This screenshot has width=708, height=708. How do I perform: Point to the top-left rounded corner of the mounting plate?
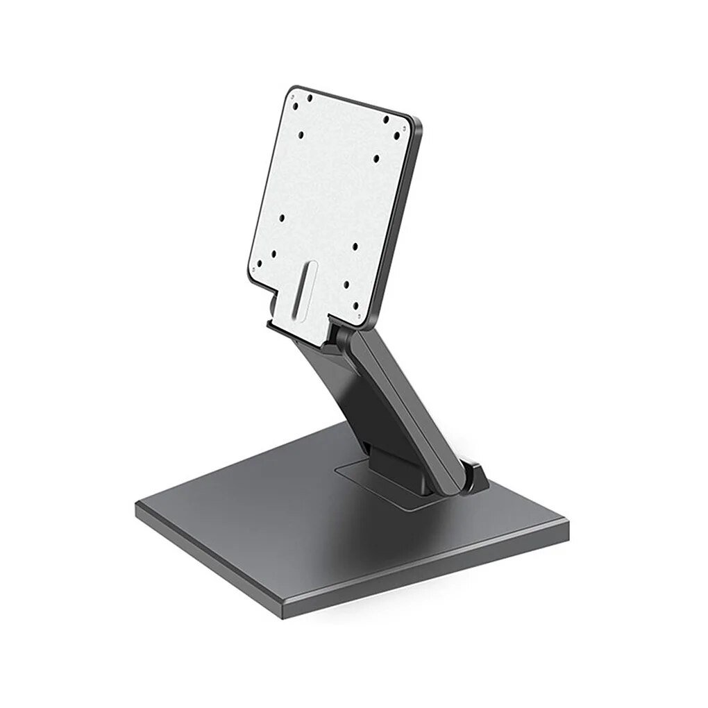pos(291,90)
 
